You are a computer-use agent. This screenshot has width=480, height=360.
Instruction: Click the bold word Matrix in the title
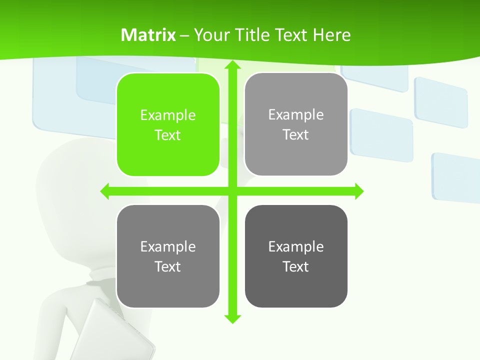(148, 35)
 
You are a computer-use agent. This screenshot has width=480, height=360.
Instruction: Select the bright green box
(168, 124)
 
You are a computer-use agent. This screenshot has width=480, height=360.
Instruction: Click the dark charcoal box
(296, 256)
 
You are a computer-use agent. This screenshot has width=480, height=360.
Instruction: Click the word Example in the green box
(168, 115)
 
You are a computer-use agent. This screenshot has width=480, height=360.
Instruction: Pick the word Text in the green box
(168, 135)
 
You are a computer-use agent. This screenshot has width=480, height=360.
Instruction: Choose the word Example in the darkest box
(296, 246)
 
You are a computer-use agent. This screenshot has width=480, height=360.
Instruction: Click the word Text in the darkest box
(296, 266)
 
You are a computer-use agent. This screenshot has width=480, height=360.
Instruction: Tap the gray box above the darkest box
(296, 124)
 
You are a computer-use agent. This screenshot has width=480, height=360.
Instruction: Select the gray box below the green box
(168, 256)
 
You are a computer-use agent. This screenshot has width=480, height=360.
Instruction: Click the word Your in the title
(207, 35)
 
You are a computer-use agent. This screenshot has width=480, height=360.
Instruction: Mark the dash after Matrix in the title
(184, 35)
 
